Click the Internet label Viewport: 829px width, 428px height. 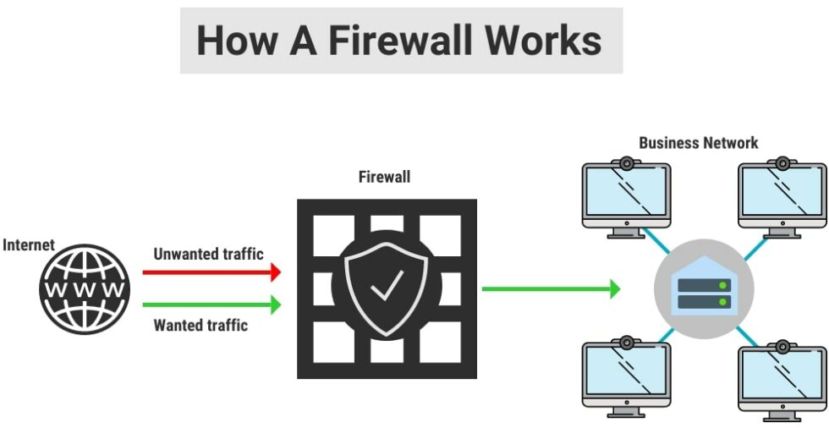click(x=29, y=245)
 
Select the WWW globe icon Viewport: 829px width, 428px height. click(x=85, y=288)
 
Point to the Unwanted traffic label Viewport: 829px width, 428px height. click(x=208, y=254)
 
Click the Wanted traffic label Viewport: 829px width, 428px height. click(x=200, y=325)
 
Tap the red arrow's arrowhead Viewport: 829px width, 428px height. click(x=274, y=272)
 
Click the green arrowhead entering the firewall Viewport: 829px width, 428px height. click(x=274, y=304)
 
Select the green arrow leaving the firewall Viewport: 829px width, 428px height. click(x=550, y=288)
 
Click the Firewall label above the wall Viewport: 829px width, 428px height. click(x=384, y=177)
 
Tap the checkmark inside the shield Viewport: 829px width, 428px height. click(x=386, y=288)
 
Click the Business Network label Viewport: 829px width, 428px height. click(x=699, y=143)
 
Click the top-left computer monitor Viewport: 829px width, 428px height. click(x=626, y=194)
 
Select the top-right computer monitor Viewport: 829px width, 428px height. click(x=782, y=194)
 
